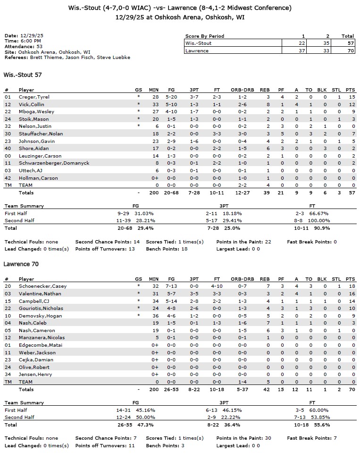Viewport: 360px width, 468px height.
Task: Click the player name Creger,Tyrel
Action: click(34, 97)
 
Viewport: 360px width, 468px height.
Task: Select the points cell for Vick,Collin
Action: click(352, 104)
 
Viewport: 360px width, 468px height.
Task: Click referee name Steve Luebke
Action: click(117, 57)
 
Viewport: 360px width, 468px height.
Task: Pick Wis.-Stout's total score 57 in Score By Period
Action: click(348, 43)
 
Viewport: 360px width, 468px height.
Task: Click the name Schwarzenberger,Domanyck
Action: click(54, 163)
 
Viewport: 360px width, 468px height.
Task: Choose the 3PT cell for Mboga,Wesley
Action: click(194, 111)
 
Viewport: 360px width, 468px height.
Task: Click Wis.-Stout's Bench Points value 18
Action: click(184, 249)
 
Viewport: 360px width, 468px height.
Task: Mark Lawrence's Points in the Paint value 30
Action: click(268, 438)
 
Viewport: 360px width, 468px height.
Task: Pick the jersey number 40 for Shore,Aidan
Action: click(7, 148)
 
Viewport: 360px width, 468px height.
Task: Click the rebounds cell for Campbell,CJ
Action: click(268, 301)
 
